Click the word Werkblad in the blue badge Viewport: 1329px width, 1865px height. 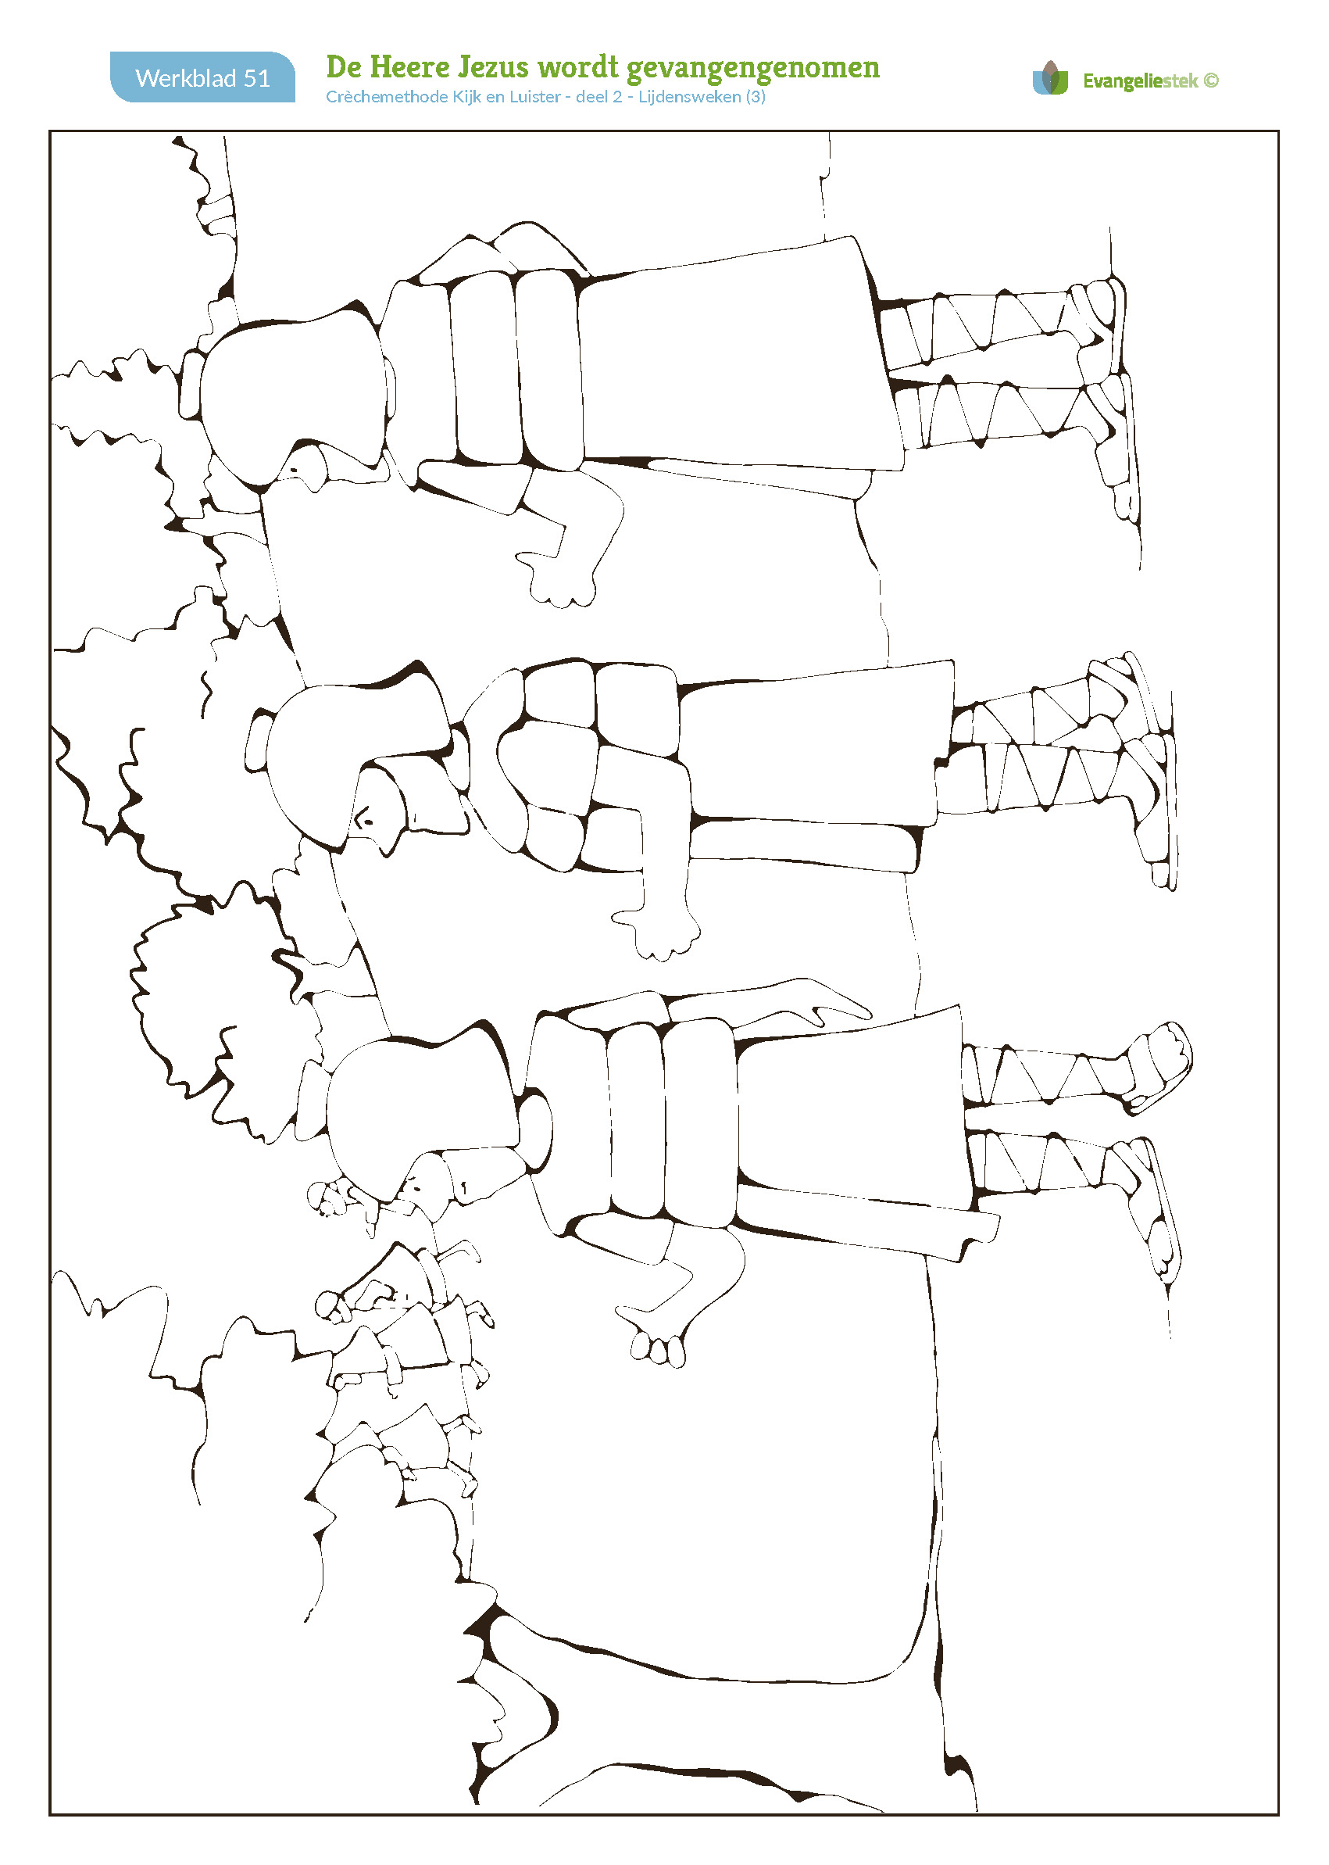point(186,78)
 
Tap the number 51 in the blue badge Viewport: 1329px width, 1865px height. point(257,78)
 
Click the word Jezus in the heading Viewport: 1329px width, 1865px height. point(494,67)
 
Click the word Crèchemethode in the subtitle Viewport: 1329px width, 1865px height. point(387,97)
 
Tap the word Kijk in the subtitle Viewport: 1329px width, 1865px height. point(467,97)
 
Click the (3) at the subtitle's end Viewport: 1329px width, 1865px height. point(756,97)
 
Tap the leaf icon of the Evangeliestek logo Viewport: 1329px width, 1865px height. point(1051,78)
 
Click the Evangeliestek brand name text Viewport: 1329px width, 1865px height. point(1140,81)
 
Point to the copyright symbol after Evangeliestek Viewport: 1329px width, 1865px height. point(1211,81)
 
